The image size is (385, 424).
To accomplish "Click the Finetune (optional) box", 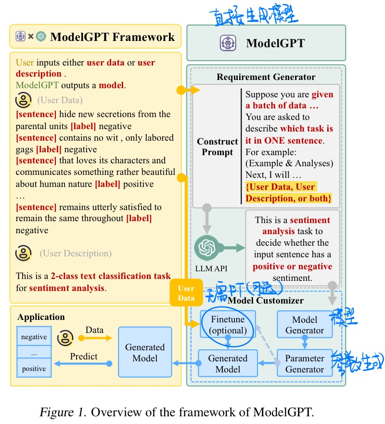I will point(228,325).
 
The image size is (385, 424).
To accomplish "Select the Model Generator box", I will point(305,325).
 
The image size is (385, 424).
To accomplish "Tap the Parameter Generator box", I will point(305,364).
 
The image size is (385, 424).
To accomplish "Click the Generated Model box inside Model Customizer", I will point(228,364).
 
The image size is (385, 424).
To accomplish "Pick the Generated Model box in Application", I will point(145,352).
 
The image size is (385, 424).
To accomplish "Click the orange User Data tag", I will point(186,293).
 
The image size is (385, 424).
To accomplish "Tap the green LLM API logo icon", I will point(206,248).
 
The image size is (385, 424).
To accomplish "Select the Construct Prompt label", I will point(218,147).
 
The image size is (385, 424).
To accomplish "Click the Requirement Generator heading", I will point(266,77).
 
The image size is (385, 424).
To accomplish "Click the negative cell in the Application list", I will point(34,337).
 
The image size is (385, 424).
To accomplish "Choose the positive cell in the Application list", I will point(34,369).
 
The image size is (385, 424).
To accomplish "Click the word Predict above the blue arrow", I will point(84,357).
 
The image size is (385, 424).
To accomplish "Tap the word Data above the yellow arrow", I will point(94,330).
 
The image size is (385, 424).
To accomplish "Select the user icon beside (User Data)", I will point(23,101).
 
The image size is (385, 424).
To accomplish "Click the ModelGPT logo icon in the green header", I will point(227,43).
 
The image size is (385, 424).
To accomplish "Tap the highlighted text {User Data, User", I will point(281,187).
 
